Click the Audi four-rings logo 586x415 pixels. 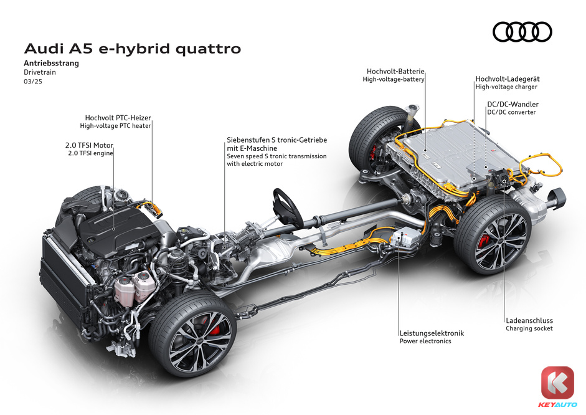tap(522, 32)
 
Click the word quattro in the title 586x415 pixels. tap(208, 49)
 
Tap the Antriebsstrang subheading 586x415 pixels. tap(52, 63)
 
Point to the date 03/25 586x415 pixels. tap(33, 82)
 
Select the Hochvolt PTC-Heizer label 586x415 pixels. tap(118, 118)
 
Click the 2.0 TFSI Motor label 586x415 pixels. tap(89, 145)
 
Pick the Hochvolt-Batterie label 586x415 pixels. tap(395, 71)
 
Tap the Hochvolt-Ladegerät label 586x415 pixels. tap(508, 79)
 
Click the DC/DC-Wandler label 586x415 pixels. tap(513, 104)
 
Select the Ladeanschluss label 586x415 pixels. tap(529, 320)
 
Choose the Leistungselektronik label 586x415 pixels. tap(432, 333)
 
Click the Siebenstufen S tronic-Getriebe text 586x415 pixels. tap(277, 140)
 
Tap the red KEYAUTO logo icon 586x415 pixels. tap(557, 383)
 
